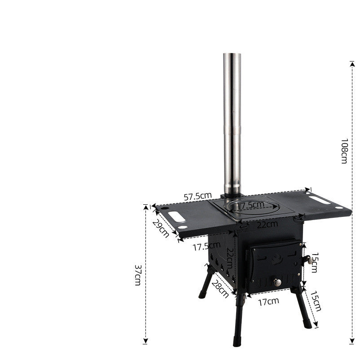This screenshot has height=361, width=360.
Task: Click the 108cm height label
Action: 344,151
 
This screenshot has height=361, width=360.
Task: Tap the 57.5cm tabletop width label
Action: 198,196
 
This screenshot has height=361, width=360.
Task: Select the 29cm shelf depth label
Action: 161,229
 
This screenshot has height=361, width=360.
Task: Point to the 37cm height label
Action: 139,274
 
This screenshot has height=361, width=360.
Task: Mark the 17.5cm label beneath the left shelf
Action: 206,246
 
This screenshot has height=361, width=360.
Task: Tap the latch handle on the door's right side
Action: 308,260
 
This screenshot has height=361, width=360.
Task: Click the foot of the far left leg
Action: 202,296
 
